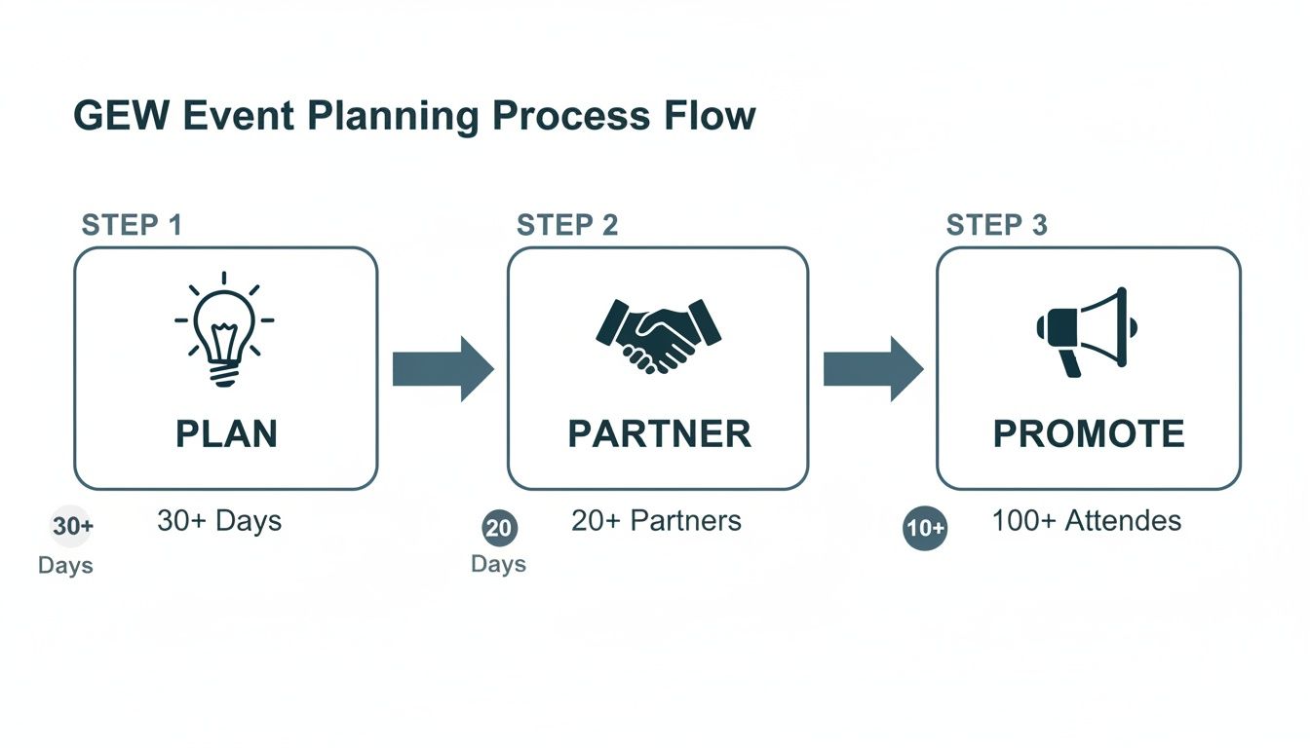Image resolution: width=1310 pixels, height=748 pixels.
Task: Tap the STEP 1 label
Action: [132, 225]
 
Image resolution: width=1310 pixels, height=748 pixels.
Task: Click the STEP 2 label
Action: [567, 225]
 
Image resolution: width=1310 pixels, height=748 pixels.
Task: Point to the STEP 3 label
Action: [997, 225]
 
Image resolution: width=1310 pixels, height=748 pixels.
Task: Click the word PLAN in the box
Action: [226, 433]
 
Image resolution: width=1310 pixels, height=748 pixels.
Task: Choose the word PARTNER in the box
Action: [659, 433]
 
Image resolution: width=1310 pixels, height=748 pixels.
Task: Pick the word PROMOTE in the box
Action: [1089, 433]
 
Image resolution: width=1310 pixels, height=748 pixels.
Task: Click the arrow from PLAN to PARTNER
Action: [443, 369]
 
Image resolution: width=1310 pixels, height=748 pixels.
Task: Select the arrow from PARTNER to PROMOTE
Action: [872, 369]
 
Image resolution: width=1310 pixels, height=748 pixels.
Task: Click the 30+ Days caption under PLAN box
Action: [219, 520]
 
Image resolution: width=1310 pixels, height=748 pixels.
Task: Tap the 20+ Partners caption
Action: [656, 520]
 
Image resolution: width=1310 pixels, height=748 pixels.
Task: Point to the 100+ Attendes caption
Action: [1086, 520]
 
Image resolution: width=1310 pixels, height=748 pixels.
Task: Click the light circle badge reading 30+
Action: [72, 527]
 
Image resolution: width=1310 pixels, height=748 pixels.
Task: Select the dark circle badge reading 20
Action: [499, 528]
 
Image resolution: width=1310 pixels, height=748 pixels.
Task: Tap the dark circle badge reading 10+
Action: [925, 528]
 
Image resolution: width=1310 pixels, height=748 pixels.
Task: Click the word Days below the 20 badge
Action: [498, 564]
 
